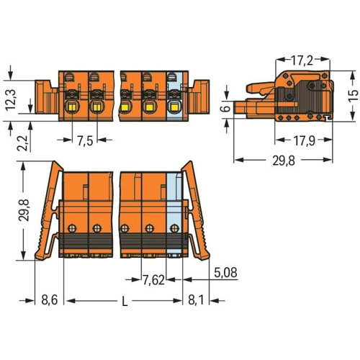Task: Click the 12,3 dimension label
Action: point(11,100)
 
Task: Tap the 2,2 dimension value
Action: point(22,143)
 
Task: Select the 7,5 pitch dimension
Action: point(85,140)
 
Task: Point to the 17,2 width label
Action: point(302,60)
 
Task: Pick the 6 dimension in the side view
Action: point(225,109)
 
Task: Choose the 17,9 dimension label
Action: point(305,140)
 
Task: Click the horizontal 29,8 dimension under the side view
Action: point(284,161)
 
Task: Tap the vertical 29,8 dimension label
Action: point(24,210)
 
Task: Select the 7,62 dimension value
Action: point(153,280)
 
